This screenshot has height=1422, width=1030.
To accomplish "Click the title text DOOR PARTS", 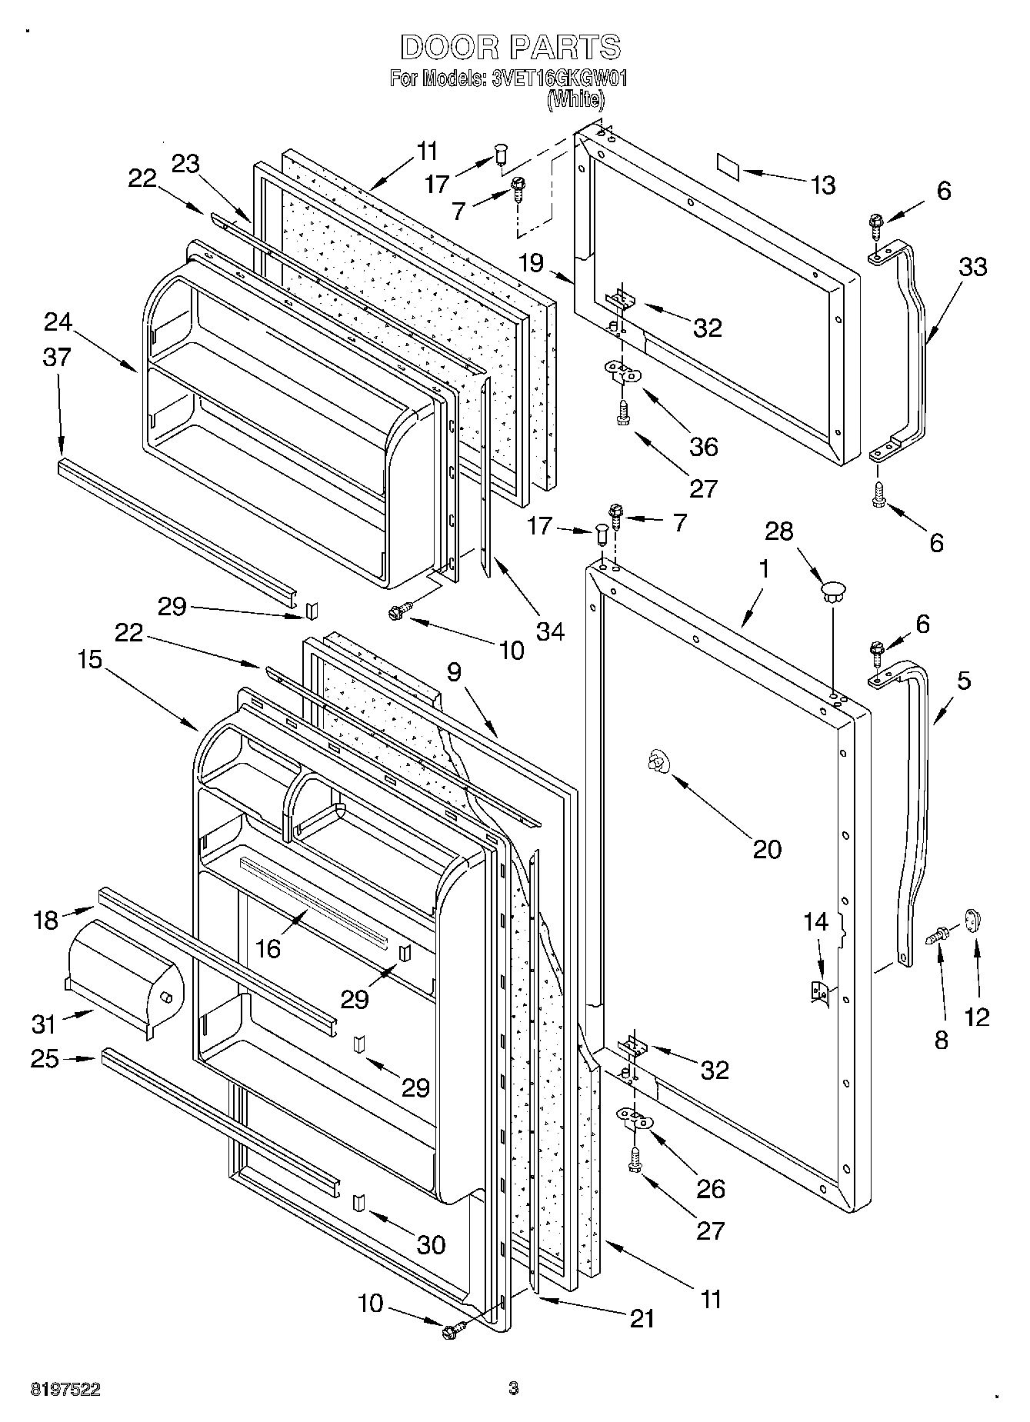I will click(510, 47).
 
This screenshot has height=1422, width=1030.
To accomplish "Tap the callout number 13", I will click(822, 185).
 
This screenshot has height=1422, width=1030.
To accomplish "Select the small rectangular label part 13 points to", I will click(727, 167).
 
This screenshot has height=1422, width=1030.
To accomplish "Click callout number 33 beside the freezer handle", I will click(972, 267).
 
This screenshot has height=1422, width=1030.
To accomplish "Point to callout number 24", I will click(58, 322).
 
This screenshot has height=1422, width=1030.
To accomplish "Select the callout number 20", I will click(767, 849).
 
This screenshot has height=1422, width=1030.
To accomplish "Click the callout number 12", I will click(977, 1017).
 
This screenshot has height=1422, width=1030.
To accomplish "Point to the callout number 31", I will click(44, 1024).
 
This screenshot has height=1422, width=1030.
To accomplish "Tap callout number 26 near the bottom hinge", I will click(710, 1188).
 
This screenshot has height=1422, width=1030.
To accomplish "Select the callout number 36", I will click(703, 446).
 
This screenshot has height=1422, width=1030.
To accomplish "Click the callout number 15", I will click(90, 660).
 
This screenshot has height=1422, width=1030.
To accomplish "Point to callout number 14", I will click(816, 921).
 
